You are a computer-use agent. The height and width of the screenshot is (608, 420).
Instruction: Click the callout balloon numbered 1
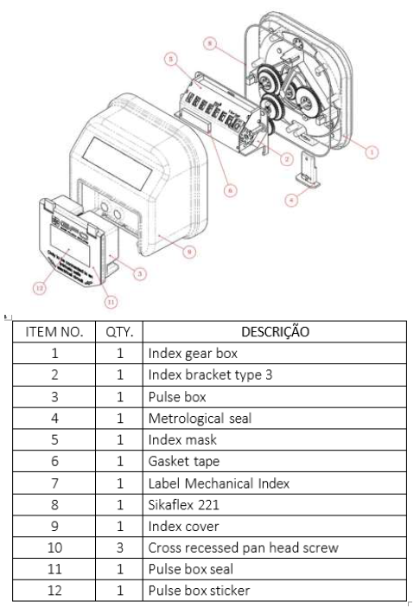click(372, 151)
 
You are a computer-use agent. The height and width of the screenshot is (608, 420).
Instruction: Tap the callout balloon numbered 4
click(291, 200)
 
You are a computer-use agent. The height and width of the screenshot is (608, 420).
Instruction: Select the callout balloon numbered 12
click(39, 288)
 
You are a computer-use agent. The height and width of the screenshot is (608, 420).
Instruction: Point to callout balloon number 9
click(189, 252)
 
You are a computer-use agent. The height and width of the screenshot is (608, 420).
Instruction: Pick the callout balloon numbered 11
click(111, 301)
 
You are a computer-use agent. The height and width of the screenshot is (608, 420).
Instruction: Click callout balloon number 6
click(231, 190)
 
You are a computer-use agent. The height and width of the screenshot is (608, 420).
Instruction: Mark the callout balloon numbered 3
click(140, 274)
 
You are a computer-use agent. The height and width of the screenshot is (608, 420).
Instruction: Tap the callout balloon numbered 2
click(287, 159)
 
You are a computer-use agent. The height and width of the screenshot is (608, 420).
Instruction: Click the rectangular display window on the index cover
click(118, 163)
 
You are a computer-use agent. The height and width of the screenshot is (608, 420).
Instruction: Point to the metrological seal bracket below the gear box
click(309, 170)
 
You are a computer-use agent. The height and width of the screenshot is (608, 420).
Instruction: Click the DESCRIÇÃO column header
click(275, 331)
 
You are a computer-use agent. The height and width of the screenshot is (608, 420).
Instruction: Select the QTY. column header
click(119, 331)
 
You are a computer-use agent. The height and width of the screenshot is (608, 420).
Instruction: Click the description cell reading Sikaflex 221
click(275, 504)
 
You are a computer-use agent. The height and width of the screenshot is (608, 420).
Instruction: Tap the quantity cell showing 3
click(119, 547)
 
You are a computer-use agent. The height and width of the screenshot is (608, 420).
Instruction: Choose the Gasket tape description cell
click(275, 461)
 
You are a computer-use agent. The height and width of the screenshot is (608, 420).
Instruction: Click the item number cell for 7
click(54, 483)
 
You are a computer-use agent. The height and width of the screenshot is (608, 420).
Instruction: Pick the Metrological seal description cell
click(275, 418)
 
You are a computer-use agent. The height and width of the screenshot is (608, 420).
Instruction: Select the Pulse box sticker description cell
click(275, 591)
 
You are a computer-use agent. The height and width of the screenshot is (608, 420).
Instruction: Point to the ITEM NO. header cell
click(54, 331)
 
